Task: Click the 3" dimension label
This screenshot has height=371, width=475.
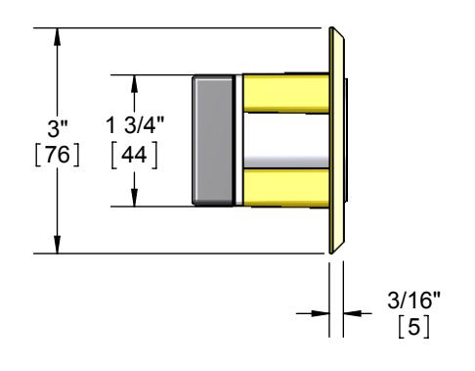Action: click(x=58, y=128)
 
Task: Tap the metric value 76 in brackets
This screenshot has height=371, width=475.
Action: click(x=58, y=155)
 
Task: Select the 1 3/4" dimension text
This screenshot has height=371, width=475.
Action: click(x=135, y=124)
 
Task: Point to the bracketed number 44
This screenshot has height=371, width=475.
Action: click(x=134, y=155)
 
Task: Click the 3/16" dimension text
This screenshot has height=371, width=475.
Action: click(x=413, y=300)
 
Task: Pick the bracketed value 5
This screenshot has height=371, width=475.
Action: click(x=413, y=326)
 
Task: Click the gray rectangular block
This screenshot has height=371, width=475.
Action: click(x=212, y=141)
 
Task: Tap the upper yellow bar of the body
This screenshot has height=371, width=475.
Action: click(x=286, y=93)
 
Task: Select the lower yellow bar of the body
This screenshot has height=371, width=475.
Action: click(x=286, y=188)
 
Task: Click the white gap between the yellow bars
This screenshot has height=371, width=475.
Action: click(x=286, y=141)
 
